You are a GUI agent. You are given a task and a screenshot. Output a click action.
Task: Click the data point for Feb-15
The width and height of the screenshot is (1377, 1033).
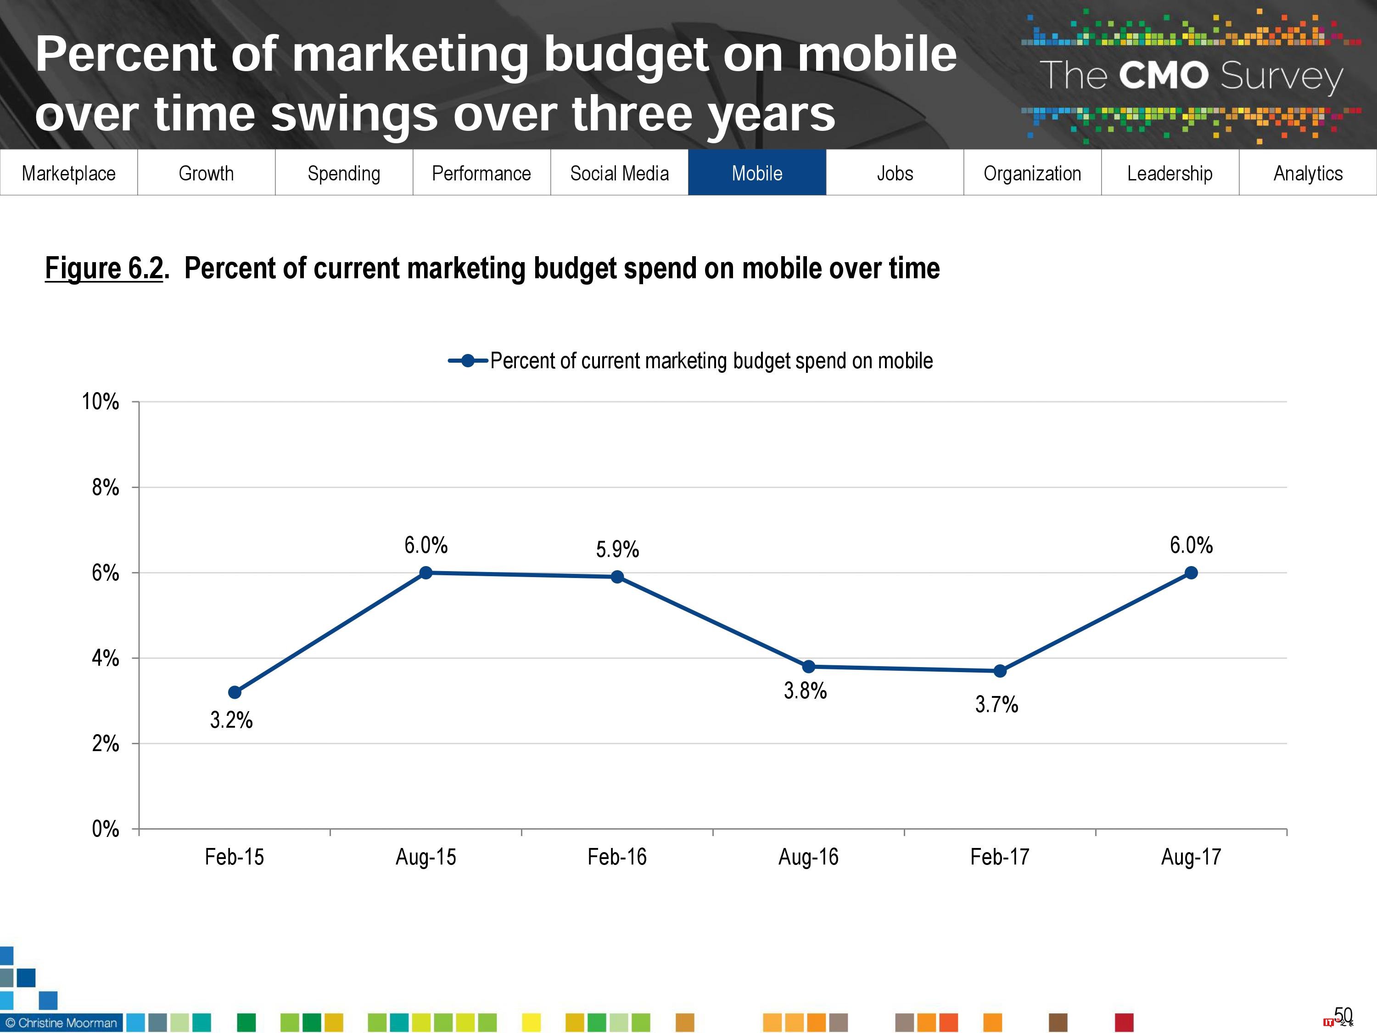(x=235, y=692)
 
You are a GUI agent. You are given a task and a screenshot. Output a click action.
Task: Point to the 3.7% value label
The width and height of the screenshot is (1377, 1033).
(x=996, y=705)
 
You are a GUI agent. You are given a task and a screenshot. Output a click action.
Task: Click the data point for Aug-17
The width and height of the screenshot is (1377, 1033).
(x=1191, y=573)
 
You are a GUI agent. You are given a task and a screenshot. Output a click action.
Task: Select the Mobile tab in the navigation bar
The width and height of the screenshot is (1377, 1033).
(x=757, y=173)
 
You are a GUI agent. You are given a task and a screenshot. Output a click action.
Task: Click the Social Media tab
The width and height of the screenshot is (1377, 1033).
(x=619, y=173)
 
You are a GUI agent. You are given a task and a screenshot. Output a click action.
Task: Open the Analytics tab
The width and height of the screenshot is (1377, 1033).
(x=1308, y=173)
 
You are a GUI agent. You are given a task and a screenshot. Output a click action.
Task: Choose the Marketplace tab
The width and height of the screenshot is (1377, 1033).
(x=68, y=173)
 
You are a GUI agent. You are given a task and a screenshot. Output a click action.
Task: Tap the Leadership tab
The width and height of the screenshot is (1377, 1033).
(x=1170, y=173)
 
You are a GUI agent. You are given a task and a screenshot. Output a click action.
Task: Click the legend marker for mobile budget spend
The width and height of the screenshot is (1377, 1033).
(x=468, y=360)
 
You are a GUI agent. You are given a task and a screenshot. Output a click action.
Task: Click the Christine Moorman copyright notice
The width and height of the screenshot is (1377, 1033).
(x=61, y=1023)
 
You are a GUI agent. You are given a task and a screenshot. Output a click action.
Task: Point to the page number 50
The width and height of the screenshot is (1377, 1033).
(x=1343, y=1016)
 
